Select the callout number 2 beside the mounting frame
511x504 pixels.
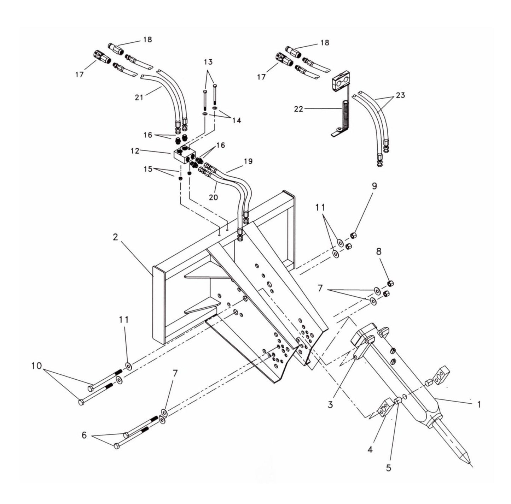[x=116, y=237]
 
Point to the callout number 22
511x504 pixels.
[x=299, y=109]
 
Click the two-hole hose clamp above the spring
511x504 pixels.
[x=341, y=83]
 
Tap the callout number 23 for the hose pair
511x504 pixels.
[x=400, y=95]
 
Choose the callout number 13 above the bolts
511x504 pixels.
[x=208, y=62]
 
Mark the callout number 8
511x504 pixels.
[x=379, y=251]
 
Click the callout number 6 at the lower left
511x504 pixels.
[x=84, y=435]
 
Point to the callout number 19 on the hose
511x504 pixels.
[x=248, y=161]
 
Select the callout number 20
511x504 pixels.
[x=213, y=197]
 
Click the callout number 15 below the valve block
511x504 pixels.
[x=149, y=169]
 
